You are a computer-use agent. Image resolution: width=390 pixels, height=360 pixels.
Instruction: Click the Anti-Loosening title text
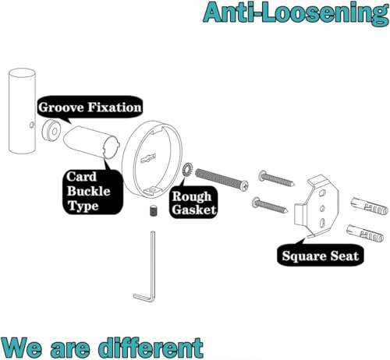(x=296, y=13)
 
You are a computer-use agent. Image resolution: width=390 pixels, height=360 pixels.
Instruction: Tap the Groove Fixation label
(x=90, y=107)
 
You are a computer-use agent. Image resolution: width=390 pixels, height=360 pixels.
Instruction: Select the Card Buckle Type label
(x=88, y=192)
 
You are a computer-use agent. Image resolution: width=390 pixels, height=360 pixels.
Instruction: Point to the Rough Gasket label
(x=194, y=203)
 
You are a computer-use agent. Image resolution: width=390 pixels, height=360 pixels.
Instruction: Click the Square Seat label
(x=320, y=256)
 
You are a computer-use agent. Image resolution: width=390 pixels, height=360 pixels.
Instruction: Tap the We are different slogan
(x=102, y=347)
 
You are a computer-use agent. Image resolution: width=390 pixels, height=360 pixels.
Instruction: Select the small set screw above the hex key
(x=154, y=210)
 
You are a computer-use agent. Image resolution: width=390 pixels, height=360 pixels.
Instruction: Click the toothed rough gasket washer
(x=187, y=170)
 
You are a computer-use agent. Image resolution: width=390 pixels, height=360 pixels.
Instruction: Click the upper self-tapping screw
(x=277, y=178)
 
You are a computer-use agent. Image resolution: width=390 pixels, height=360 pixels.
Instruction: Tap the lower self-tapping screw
(x=270, y=206)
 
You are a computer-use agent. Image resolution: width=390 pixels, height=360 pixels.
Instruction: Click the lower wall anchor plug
(x=365, y=234)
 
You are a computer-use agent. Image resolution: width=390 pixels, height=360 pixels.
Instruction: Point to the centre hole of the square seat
(x=322, y=207)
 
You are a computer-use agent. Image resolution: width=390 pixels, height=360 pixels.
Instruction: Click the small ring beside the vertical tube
(x=51, y=131)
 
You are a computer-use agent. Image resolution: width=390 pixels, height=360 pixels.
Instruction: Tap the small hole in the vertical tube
(x=32, y=125)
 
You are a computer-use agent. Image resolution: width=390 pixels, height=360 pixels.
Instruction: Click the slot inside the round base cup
(x=148, y=159)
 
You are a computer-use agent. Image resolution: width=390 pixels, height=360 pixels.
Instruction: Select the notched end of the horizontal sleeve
(x=111, y=148)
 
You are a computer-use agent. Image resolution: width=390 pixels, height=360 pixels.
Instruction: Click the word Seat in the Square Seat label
(x=345, y=256)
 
